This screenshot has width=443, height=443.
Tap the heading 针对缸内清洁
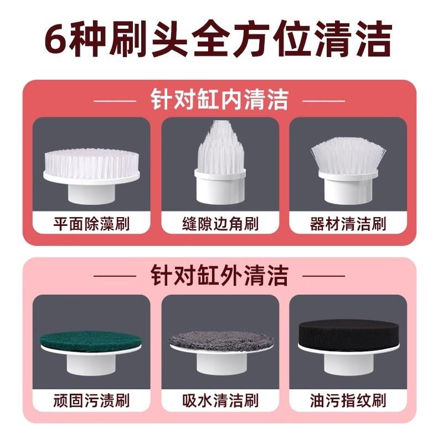(219, 100)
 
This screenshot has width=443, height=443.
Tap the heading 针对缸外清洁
(219, 275)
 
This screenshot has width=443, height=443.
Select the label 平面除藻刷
(91, 224)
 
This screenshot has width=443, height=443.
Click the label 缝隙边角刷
(220, 224)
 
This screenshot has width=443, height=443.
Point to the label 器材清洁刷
(348, 224)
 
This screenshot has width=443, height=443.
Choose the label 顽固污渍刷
(91, 400)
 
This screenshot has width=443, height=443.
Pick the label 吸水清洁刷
(220, 400)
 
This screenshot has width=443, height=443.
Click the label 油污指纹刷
(348, 400)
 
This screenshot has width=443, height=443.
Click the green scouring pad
(90, 340)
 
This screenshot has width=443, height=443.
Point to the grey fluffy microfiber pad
(220, 341)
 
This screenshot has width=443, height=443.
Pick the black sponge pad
(349, 333)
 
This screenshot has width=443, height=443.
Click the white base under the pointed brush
(220, 187)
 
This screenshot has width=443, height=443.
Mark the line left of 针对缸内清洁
(115, 101)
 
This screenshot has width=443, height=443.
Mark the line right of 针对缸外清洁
(324, 276)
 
